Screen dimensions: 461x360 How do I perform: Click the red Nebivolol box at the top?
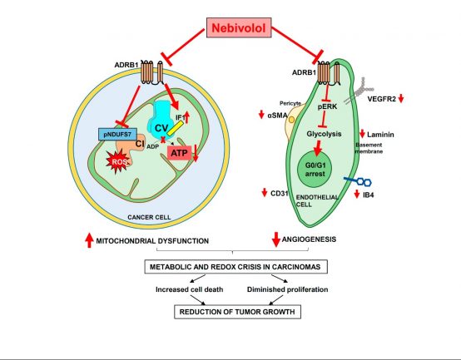[x=239, y=27]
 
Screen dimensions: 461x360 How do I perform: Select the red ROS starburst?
[x=118, y=161]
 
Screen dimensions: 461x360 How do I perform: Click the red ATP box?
[x=180, y=153]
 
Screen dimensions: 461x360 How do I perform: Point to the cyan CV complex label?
[x=161, y=128]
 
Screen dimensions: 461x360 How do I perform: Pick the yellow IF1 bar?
[x=176, y=128]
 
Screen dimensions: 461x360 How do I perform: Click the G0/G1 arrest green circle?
[x=315, y=170]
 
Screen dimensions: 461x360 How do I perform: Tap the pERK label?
[x=327, y=106]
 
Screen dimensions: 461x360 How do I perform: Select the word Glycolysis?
[x=324, y=134]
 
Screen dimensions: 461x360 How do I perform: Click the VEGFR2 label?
[x=382, y=99]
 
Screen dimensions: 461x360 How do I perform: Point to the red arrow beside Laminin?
[x=362, y=134]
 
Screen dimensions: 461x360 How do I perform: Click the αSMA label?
[x=277, y=116]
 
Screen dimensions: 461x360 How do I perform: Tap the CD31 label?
[x=279, y=193]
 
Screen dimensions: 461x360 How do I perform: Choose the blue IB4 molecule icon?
[x=358, y=181]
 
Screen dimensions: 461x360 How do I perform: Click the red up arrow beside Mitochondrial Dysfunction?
[x=89, y=240]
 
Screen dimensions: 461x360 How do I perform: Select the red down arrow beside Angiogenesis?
[x=275, y=239]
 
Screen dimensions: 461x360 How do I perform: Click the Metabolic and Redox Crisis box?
[x=235, y=267]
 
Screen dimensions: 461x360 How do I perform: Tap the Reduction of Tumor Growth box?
[x=237, y=312]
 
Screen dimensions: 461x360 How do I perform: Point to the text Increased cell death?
[x=190, y=289]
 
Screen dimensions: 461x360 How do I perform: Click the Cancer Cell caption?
[x=149, y=217]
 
